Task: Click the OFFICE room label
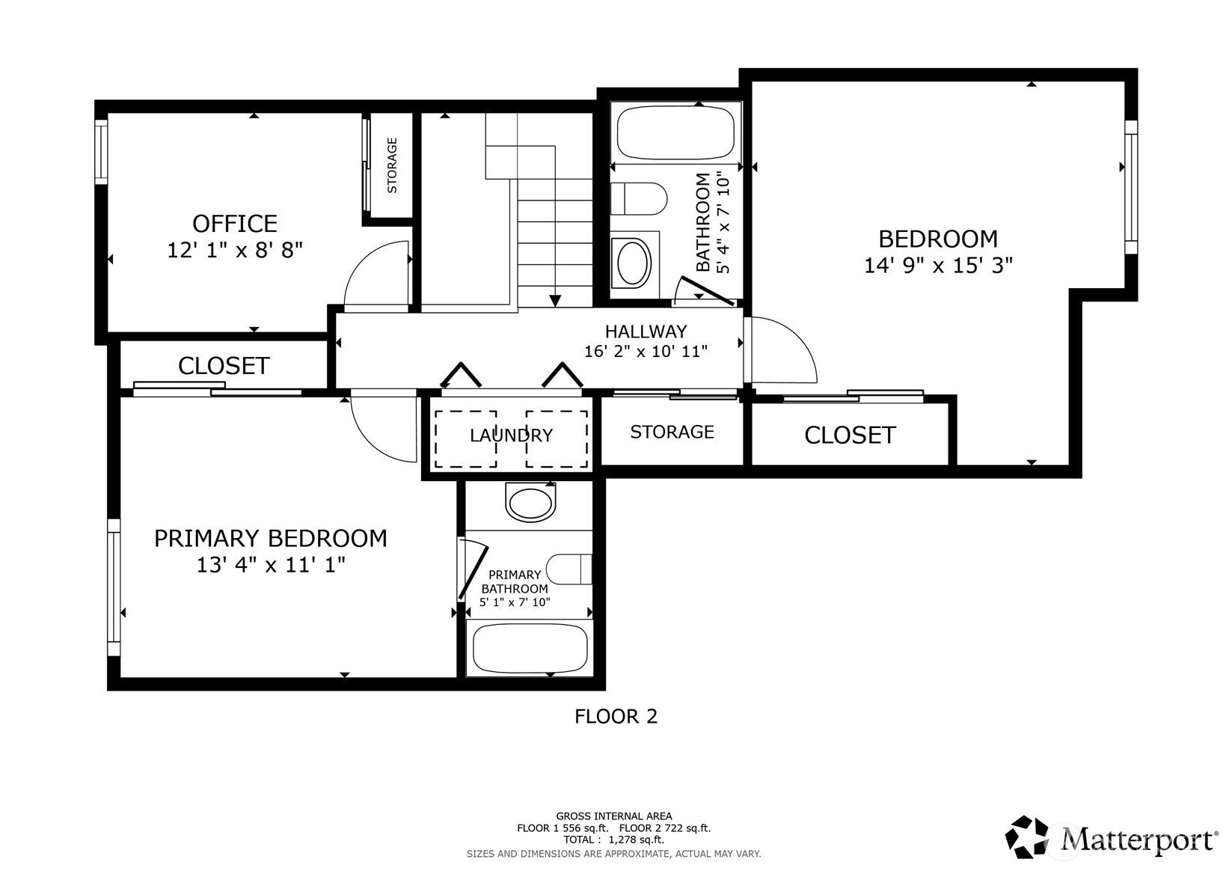coord(235,223)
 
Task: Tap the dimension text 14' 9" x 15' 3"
coord(938,266)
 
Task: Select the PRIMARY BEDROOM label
coord(270,538)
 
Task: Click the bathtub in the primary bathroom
coord(530,649)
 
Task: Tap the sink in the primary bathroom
coord(531,501)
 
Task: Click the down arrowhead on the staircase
coord(555,301)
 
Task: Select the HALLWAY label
coord(646,331)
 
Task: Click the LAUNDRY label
coord(511,435)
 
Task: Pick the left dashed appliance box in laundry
coord(465,439)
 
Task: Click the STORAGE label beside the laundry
coord(672,432)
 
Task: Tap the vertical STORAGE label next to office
coord(392,165)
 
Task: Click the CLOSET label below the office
coord(224,365)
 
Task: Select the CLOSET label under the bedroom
coord(850,435)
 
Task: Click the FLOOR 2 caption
coord(616,716)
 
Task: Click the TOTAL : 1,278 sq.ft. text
coord(613,840)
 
